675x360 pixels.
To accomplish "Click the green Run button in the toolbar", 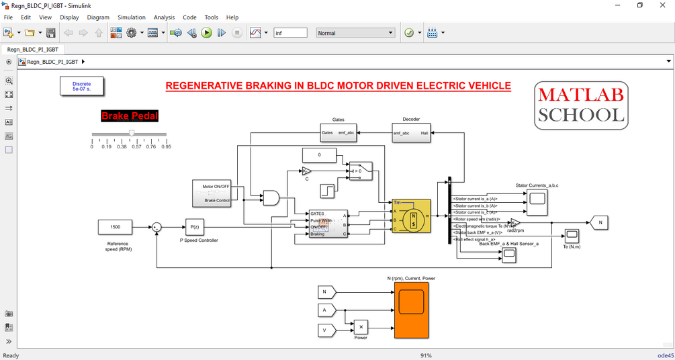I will coord(206,33).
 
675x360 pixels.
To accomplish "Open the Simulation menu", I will coord(132,17).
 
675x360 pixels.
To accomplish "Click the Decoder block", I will coord(411,133).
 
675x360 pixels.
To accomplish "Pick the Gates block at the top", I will coord(338,133).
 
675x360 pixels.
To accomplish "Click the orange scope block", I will coord(411,310).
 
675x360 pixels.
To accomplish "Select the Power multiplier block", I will coord(361,327).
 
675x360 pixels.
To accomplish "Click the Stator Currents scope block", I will coord(537,197).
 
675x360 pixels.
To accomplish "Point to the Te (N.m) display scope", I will coord(571,236).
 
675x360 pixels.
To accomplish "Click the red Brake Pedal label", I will coord(130,116).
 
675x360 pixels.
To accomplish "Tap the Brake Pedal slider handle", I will coord(132,134).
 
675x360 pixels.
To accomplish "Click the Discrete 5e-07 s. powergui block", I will coord(81,86).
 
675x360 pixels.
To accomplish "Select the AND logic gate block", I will coord(271,197).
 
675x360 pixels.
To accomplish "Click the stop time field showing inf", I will coord(290,33).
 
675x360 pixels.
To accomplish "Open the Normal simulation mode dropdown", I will coord(355,33).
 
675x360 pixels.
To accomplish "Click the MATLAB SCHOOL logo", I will coord(582,105).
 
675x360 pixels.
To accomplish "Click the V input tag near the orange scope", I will coord(326,330).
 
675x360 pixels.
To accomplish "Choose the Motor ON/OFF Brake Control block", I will coord(216,193).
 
